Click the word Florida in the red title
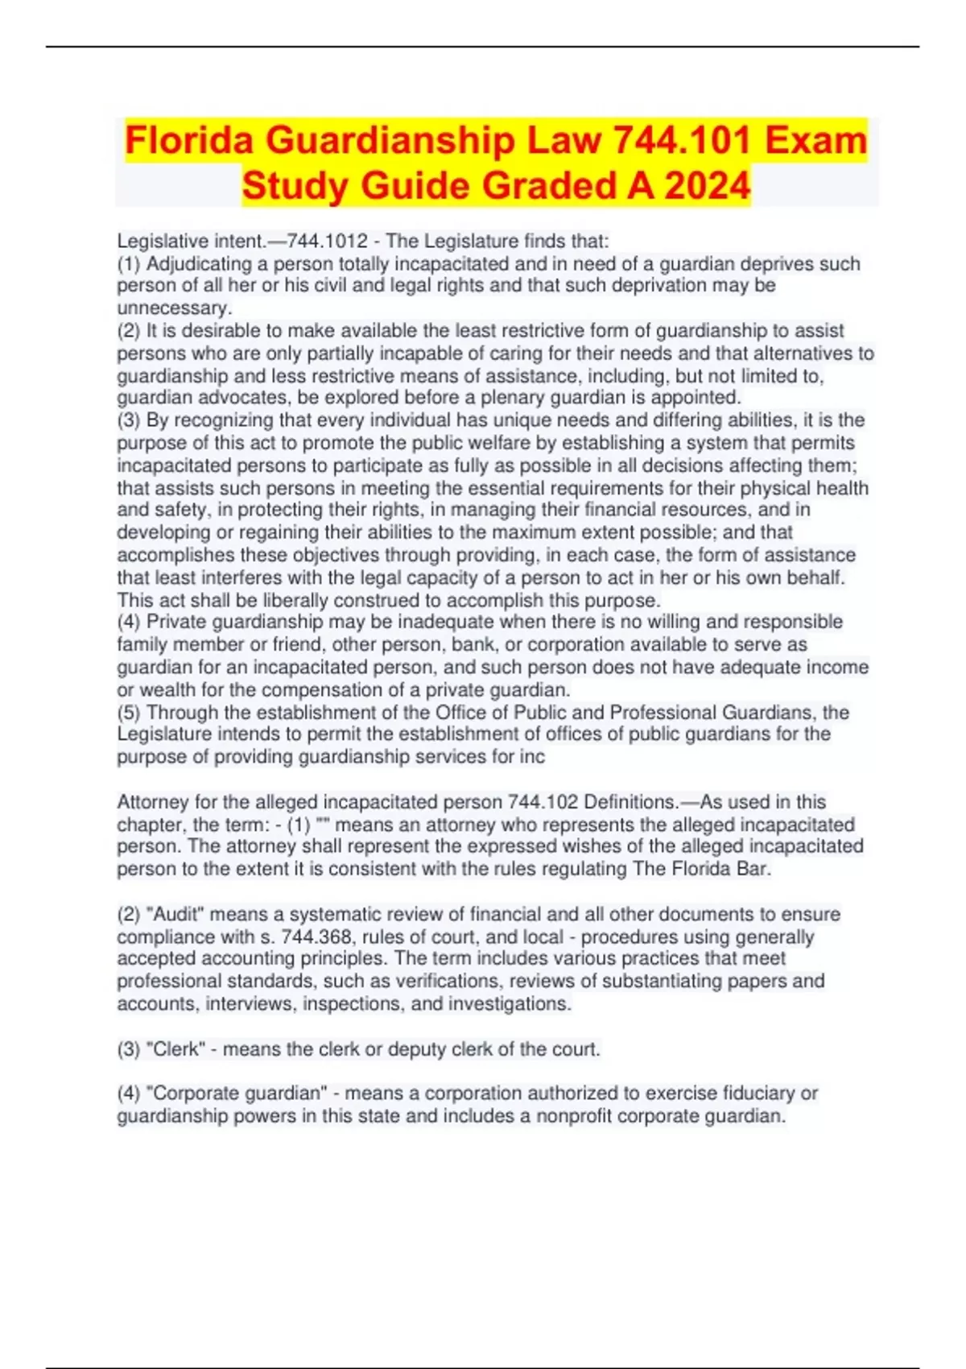point(191,140)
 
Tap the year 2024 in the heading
point(707,185)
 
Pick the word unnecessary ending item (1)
point(174,308)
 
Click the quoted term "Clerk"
point(175,1049)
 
